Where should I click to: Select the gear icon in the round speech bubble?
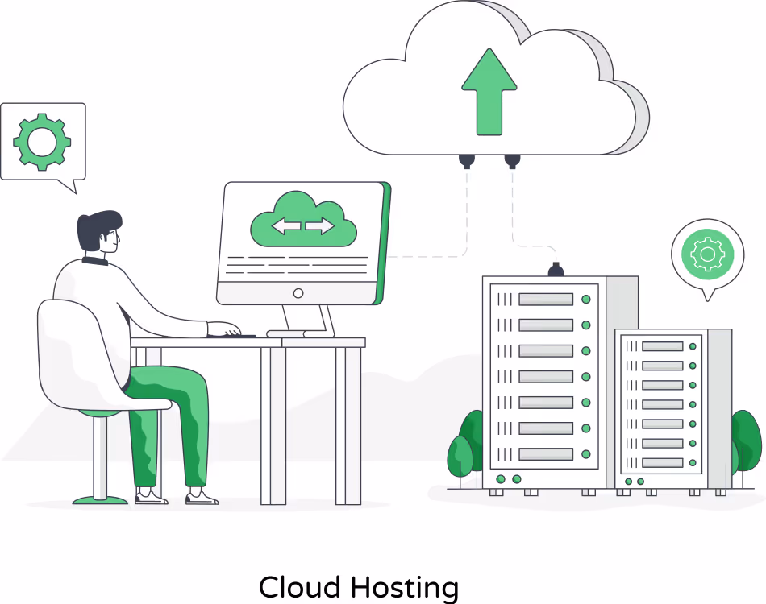(x=708, y=254)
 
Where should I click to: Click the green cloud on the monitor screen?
(x=303, y=220)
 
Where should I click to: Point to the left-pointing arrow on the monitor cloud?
(x=286, y=225)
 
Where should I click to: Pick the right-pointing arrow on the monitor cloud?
(x=320, y=225)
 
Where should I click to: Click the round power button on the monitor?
(x=298, y=293)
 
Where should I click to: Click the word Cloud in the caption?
(x=299, y=587)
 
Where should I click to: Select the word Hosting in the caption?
(x=405, y=589)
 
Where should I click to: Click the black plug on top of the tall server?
(x=556, y=269)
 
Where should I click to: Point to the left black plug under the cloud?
(x=467, y=161)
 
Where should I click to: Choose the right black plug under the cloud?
(x=512, y=161)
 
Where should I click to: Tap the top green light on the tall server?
(x=586, y=299)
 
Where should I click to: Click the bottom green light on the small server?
(x=693, y=462)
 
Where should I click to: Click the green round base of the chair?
(x=100, y=500)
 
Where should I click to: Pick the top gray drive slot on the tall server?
(x=546, y=299)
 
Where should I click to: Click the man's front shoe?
(x=202, y=497)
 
